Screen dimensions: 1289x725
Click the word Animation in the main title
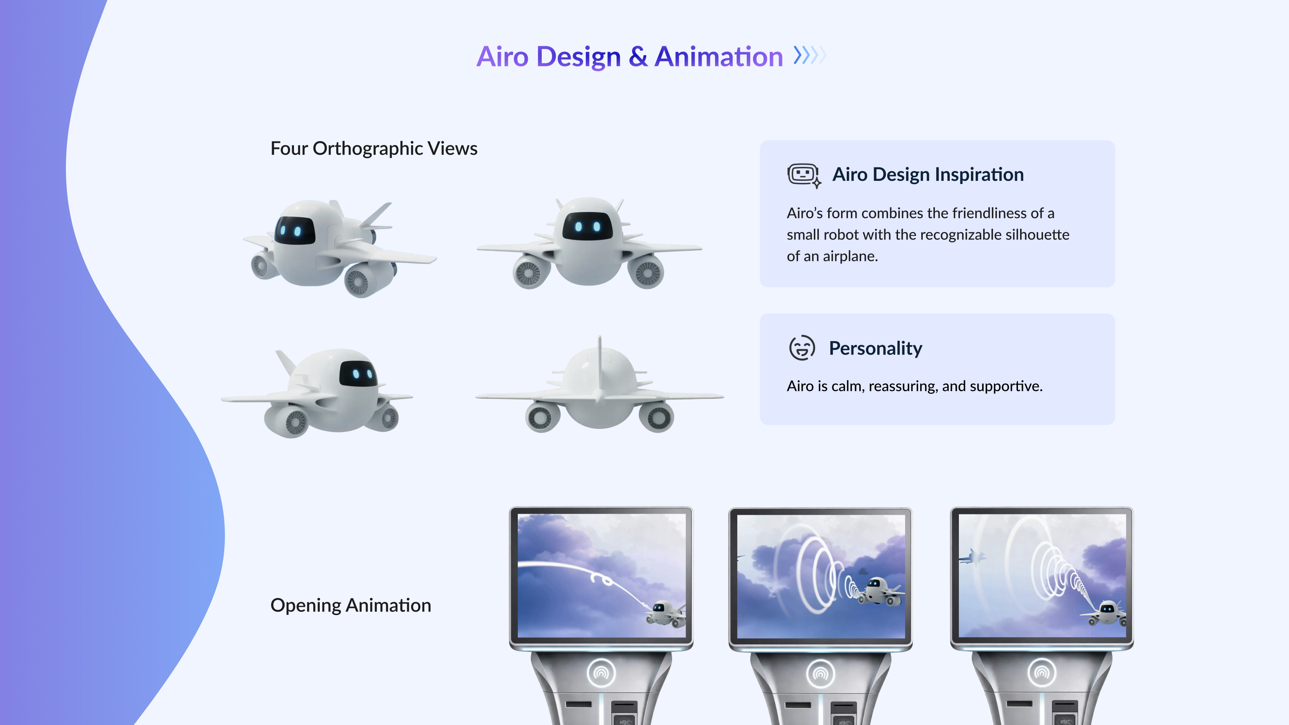tap(719, 56)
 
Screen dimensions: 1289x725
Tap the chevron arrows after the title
tap(810, 55)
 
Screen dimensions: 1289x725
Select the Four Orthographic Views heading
tap(374, 149)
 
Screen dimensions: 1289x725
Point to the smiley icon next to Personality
tap(802, 348)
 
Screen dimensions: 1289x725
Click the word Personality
tap(875, 348)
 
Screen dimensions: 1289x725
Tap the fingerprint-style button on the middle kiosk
tap(821, 673)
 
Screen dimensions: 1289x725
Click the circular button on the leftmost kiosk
tap(601, 673)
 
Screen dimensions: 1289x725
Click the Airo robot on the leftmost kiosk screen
tap(665, 613)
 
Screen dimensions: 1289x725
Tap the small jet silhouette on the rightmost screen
tap(972, 557)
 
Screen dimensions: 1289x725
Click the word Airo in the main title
tap(502, 56)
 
